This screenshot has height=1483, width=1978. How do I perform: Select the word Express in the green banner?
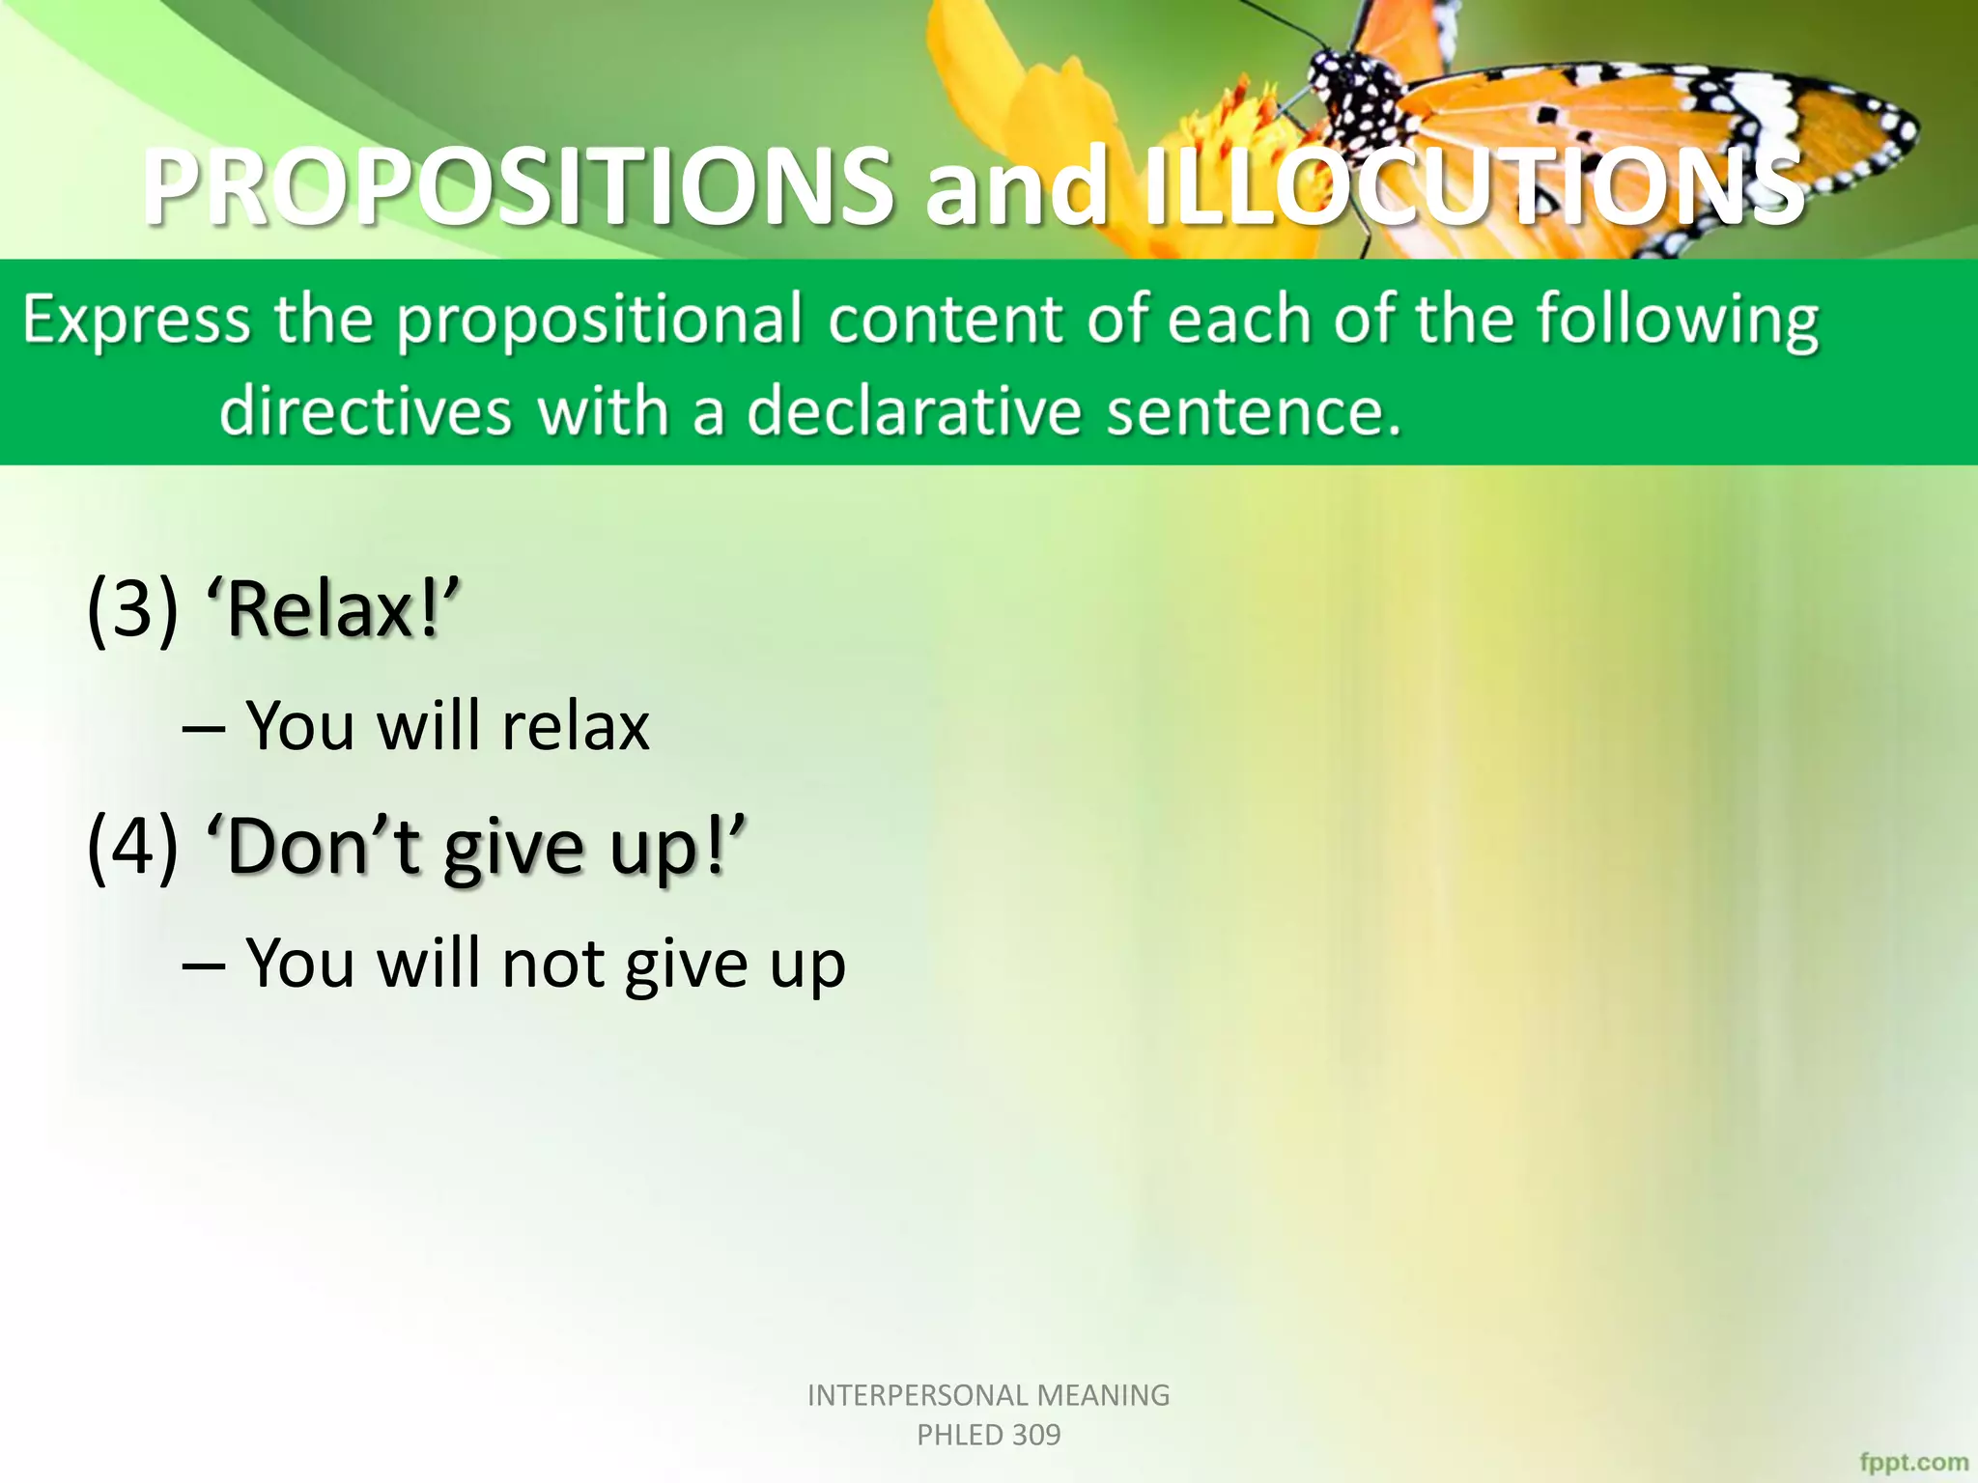click(135, 321)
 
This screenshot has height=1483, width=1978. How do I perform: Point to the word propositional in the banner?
click(599, 321)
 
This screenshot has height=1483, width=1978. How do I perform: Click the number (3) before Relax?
click(132, 609)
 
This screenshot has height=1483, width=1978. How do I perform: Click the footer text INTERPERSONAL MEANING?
click(988, 1395)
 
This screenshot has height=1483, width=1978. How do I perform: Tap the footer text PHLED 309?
click(988, 1436)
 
